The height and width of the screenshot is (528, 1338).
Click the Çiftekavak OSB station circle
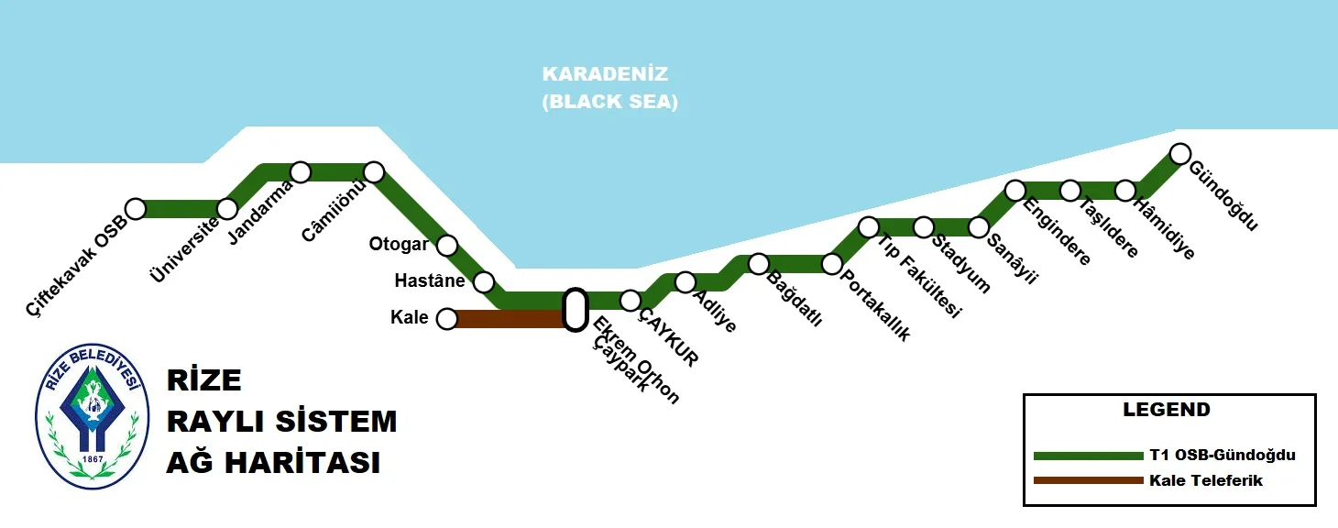136,209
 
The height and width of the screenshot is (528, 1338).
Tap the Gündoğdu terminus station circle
1180,153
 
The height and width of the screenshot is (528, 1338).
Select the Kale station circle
447,319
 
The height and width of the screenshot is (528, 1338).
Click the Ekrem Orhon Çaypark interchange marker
575,310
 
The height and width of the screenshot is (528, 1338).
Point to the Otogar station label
399,245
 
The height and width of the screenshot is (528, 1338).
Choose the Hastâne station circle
484,282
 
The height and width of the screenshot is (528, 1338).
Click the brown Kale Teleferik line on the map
509,319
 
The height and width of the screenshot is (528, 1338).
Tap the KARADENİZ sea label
605,73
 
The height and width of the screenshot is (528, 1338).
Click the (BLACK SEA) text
609,102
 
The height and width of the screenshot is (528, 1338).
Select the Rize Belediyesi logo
92,417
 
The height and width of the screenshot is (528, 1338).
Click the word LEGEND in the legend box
1167,410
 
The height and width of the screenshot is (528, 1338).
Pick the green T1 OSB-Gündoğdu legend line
1088,456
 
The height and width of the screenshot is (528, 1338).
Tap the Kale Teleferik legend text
1206,480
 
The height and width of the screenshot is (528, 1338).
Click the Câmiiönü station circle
374,172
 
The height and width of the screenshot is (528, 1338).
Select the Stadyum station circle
924,227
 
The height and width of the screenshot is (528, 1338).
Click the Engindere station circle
1015,191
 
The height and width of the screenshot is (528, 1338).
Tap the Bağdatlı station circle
759,264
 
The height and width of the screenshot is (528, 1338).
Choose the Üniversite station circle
227,209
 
